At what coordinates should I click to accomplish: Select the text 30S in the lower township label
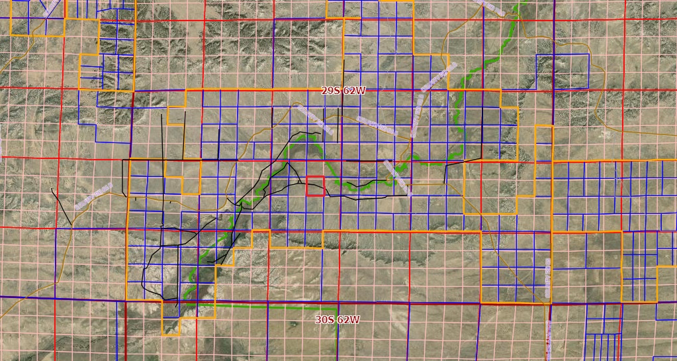point(325,319)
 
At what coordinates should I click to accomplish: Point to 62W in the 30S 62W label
point(348,319)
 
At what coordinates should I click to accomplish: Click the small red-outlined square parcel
point(315,185)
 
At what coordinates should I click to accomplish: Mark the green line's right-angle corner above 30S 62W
point(337,307)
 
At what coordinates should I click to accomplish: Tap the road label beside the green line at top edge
point(490,7)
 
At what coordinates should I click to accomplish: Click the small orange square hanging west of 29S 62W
point(176,115)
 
